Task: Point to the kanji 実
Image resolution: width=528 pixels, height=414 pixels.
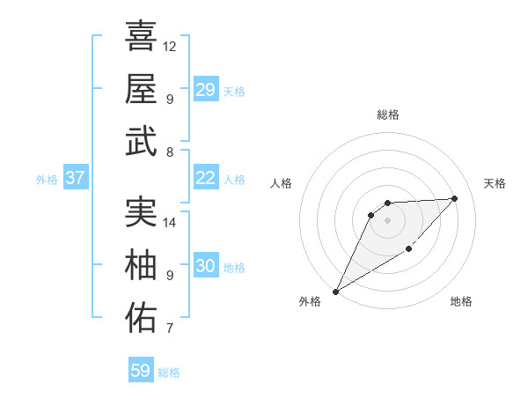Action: [141, 211]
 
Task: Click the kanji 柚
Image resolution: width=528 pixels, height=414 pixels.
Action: [141, 264]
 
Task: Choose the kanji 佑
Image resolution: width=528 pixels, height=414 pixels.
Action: [141, 318]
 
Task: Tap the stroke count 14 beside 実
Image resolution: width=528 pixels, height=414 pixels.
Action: [170, 222]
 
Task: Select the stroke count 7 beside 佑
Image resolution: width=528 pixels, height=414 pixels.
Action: [169, 329]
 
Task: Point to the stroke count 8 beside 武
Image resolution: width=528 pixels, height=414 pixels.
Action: [169, 152]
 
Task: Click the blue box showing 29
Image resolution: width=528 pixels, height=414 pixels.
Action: [206, 90]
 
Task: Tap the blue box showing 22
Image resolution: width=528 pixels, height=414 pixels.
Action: [206, 178]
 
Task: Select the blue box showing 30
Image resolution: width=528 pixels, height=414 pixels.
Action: [206, 266]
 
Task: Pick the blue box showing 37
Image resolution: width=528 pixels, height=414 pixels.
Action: [76, 178]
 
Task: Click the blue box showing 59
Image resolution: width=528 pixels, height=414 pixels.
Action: [141, 371]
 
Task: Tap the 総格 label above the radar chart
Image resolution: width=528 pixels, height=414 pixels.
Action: [387, 115]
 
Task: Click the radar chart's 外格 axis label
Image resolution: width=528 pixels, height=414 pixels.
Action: [310, 302]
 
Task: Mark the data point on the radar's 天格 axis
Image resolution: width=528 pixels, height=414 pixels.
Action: [454, 198]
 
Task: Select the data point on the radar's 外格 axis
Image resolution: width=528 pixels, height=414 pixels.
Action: [335, 291]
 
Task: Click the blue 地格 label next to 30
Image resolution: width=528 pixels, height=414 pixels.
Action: [234, 267]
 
